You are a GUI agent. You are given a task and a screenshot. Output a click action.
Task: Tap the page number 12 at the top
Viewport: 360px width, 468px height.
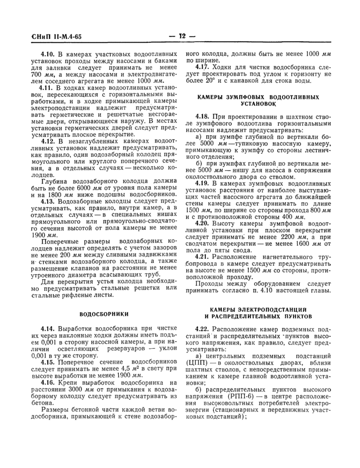[x=182, y=37]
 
